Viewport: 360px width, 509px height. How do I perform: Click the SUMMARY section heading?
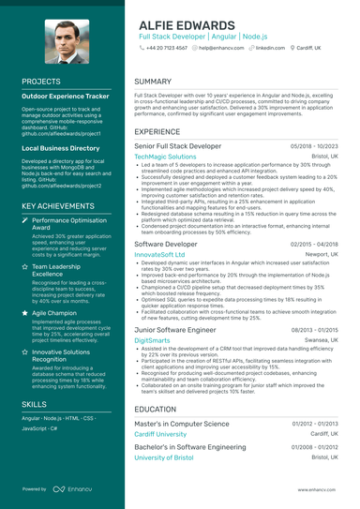point(153,82)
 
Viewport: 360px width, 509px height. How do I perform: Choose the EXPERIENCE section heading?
point(157,132)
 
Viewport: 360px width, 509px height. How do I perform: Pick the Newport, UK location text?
point(319,254)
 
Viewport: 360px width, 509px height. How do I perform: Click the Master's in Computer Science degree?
point(182,424)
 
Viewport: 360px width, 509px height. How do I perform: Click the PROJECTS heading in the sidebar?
point(41,82)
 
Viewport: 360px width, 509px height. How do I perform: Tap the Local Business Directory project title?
point(62,148)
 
